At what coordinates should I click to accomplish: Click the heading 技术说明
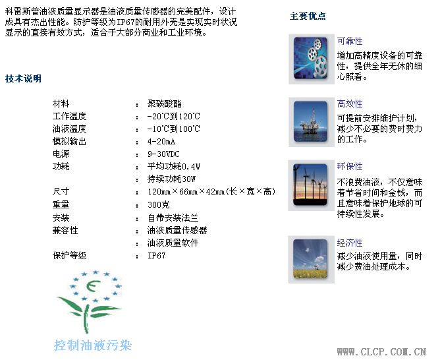tap(23, 78)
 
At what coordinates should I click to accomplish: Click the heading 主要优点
tap(308, 16)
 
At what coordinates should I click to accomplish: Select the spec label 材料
tap(61, 104)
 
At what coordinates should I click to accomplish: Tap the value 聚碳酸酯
tap(165, 104)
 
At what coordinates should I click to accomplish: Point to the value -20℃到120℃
tap(174, 116)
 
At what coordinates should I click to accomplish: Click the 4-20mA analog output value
tap(161, 142)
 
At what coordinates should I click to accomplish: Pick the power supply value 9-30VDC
tap(163, 154)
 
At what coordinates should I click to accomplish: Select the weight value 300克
tap(159, 204)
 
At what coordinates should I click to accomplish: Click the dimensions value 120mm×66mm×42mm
tap(186, 192)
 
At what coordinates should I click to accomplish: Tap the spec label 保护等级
tap(69, 256)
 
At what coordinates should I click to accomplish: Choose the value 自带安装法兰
tap(173, 218)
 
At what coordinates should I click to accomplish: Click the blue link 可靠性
tap(350, 42)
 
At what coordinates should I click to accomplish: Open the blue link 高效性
tap(350, 104)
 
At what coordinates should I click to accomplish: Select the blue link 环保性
tap(350, 167)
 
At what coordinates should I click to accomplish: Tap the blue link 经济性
tap(350, 243)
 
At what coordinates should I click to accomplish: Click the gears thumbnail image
tap(311, 59)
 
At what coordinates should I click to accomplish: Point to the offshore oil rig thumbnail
tap(311, 121)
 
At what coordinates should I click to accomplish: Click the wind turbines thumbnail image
tap(310, 185)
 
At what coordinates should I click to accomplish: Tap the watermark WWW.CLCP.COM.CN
tap(381, 351)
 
